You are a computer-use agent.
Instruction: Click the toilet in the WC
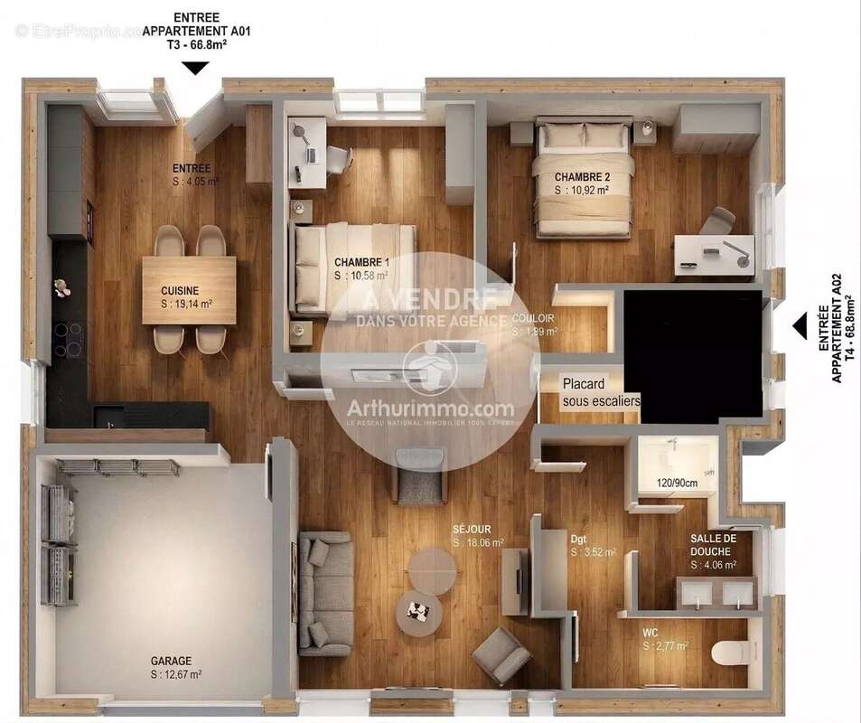click(727, 652)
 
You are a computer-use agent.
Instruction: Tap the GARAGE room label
click(172, 662)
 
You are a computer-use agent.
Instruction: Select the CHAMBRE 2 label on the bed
click(581, 176)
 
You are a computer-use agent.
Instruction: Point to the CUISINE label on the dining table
click(180, 291)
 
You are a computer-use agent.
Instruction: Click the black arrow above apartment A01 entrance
click(195, 68)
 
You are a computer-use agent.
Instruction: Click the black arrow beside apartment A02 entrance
click(799, 325)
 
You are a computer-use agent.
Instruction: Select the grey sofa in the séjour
click(325, 592)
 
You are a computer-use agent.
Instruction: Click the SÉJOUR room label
click(472, 529)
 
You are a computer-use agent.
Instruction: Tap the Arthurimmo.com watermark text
click(430, 408)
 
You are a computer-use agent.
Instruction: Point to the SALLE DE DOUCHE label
click(713, 544)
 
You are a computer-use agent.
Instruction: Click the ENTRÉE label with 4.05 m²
click(192, 169)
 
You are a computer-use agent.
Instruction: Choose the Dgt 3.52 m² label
click(579, 540)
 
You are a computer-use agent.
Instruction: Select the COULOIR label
click(532, 319)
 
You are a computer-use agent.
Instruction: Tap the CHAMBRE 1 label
click(355, 262)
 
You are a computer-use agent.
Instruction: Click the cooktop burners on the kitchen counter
click(68, 339)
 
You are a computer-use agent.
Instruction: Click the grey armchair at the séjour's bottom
click(502, 656)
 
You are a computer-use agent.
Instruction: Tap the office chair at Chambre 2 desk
click(718, 221)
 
